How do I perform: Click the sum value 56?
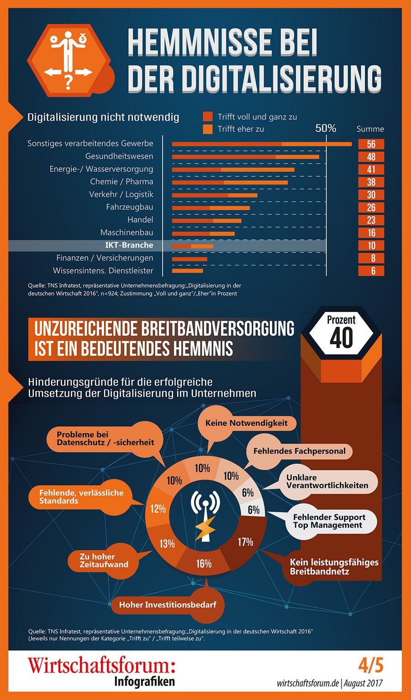pyautogui.click(x=371, y=144)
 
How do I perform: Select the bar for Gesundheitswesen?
pyautogui.click(x=246, y=157)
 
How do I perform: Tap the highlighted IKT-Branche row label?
pyautogui.click(x=129, y=245)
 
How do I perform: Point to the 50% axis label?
pyautogui.click(x=326, y=128)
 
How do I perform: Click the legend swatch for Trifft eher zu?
pyautogui.click(x=208, y=129)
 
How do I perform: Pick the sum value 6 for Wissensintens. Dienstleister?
pyautogui.click(x=371, y=270)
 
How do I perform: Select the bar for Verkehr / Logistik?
pyautogui.click(x=215, y=195)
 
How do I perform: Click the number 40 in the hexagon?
pyautogui.click(x=341, y=338)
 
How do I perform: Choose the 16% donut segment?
pyautogui.click(x=204, y=563)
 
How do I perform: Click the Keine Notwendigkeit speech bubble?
pyautogui.click(x=247, y=423)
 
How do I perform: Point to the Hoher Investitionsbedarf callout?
pyautogui.click(x=168, y=605)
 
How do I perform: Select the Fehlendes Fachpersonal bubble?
pyautogui.click(x=299, y=451)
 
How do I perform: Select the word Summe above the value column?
pyautogui.click(x=370, y=129)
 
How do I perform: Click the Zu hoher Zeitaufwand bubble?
pyautogui.click(x=104, y=560)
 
